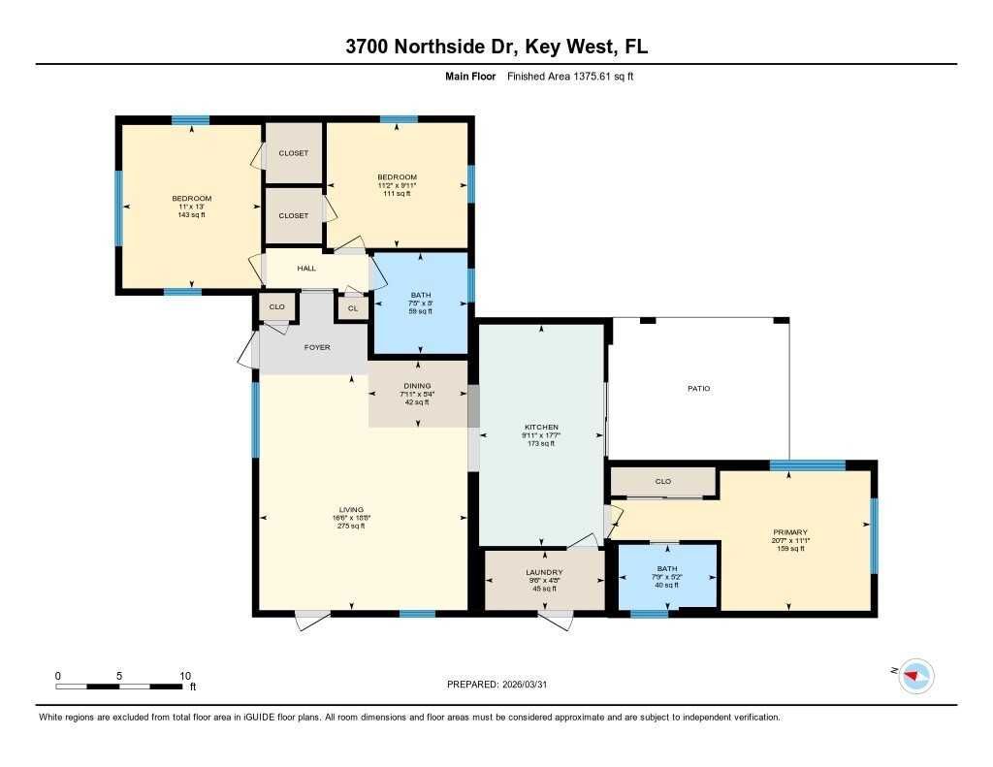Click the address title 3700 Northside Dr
[496, 48]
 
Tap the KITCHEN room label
[541, 428]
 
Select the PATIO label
[699, 389]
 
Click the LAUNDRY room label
[544, 573]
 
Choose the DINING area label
[417, 386]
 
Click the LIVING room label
[351, 510]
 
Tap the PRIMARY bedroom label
[790, 532]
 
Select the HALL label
[306, 269]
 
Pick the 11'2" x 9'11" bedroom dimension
[397, 185]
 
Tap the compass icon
[915, 675]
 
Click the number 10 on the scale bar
[184, 675]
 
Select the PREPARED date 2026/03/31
[502, 684]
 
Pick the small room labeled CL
[352, 308]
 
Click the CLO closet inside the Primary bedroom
[663, 481]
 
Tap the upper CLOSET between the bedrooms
[293, 153]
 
